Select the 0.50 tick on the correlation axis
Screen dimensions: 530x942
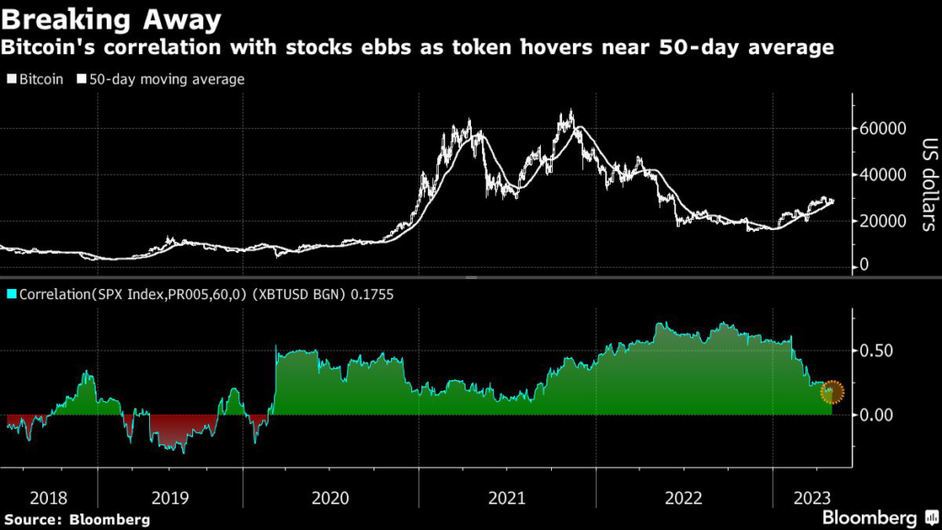875,351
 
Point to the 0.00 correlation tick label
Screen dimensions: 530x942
875,415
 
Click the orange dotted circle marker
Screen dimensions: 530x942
833,392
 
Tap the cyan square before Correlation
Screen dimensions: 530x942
11,294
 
